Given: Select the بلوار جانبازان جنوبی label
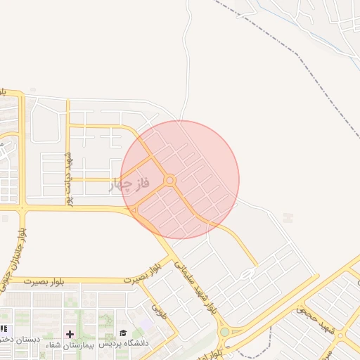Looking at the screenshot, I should [16, 253].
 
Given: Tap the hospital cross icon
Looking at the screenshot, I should [70, 333].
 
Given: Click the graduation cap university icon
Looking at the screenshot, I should [123, 333].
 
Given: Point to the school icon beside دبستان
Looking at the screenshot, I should [4, 328].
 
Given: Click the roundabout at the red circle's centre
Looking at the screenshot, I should [169, 181].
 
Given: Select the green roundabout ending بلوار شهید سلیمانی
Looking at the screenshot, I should [225, 331].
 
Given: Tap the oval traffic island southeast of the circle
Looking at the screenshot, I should [247, 274].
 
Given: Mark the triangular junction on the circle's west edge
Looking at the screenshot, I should [133, 210].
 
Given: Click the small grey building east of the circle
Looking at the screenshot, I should [287, 218].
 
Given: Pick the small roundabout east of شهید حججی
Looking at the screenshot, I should [340, 336].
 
